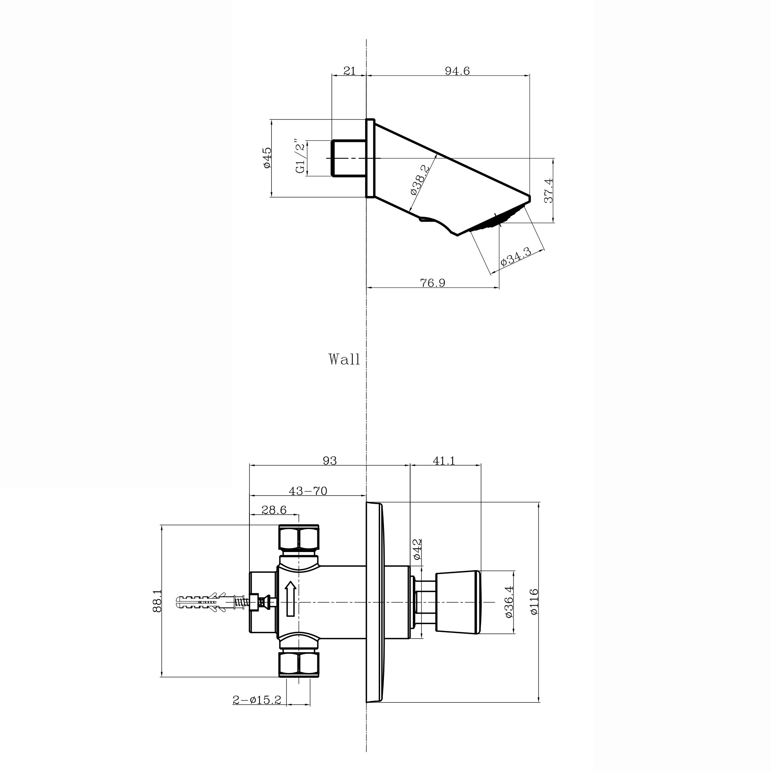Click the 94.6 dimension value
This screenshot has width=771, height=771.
(x=457, y=71)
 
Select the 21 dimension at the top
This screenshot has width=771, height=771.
(x=349, y=71)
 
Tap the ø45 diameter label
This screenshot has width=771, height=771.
(x=267, y=158)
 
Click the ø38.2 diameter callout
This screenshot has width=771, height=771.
(x=420, y=180)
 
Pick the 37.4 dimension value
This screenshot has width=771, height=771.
(x=548, y=191)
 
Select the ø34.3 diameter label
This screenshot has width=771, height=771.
(x=515, y=257)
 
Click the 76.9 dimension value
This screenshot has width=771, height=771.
(x=433, y=283)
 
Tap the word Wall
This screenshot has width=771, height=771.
(x=344, y=359)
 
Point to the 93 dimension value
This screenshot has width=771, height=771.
(x=330, y=461)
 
